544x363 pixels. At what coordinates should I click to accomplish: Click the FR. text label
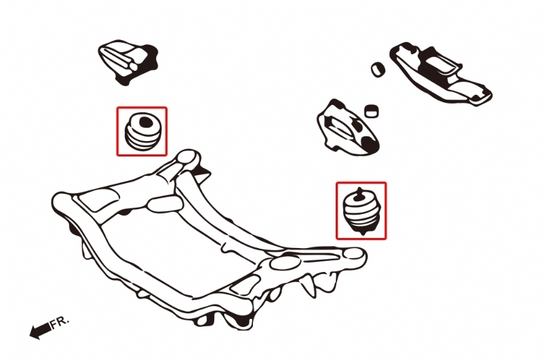(x=60, y=322)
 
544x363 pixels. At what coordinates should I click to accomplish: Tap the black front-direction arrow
(x=40, y=330)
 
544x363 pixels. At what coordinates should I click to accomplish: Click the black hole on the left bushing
(x=146, y=122)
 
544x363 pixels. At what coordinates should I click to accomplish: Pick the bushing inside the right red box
(x=362, y=211)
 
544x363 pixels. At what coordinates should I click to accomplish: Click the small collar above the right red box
(x=371, y=111)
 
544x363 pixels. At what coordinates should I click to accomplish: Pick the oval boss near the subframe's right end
(x=285, y=262)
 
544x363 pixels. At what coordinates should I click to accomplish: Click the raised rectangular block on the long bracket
(x=440, y=66)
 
